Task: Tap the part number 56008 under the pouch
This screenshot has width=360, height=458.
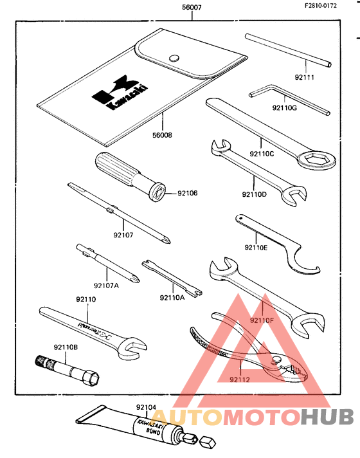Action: point(163,136)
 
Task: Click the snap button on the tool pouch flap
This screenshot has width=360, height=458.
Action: point(174,58)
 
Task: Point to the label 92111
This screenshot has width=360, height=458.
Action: point(305,78)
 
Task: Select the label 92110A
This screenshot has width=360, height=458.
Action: point(172,298)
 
